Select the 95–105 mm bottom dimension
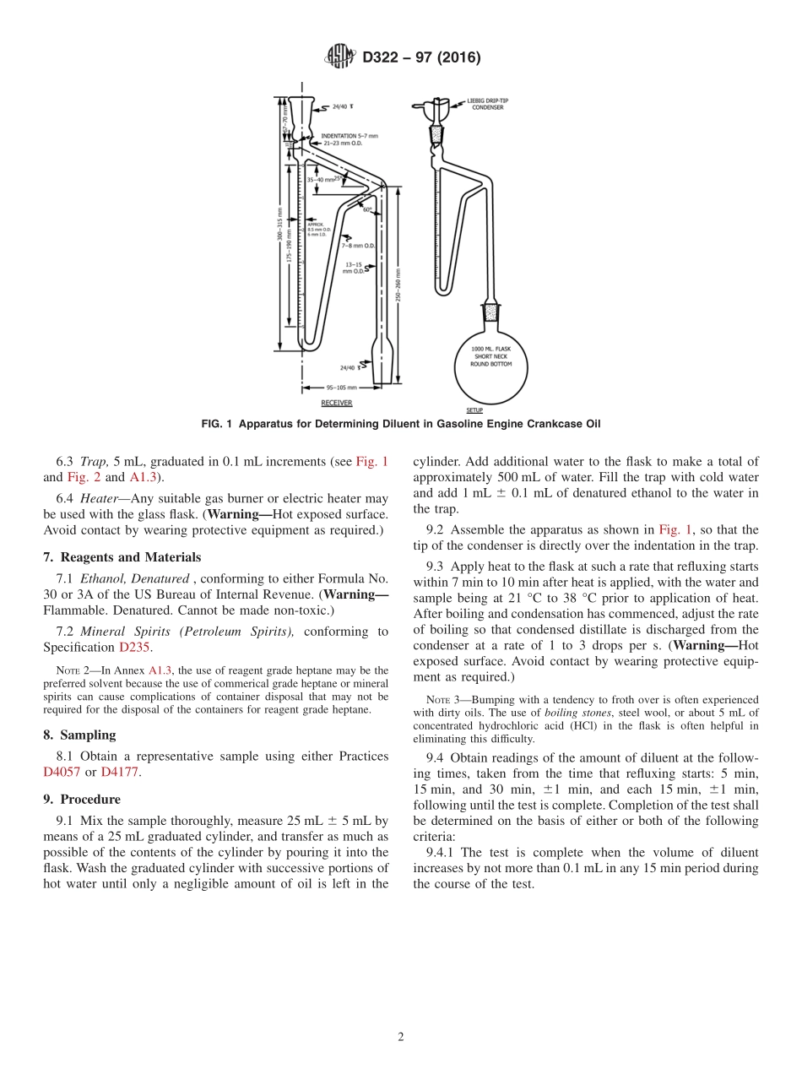(339, 388)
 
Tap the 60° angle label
(367, 209)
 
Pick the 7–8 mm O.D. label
(359, 245)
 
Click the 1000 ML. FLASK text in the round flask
(491, 349)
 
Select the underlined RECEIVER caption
(336, 403)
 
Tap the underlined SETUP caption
(474, 410)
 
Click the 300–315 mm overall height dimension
(279, 225)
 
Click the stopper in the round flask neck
(490, 318)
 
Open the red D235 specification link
(135, 647)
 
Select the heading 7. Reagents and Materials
(122, 557)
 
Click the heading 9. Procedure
(82, 799)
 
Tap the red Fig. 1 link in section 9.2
(675, 529)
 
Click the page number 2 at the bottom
(401, 1037)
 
